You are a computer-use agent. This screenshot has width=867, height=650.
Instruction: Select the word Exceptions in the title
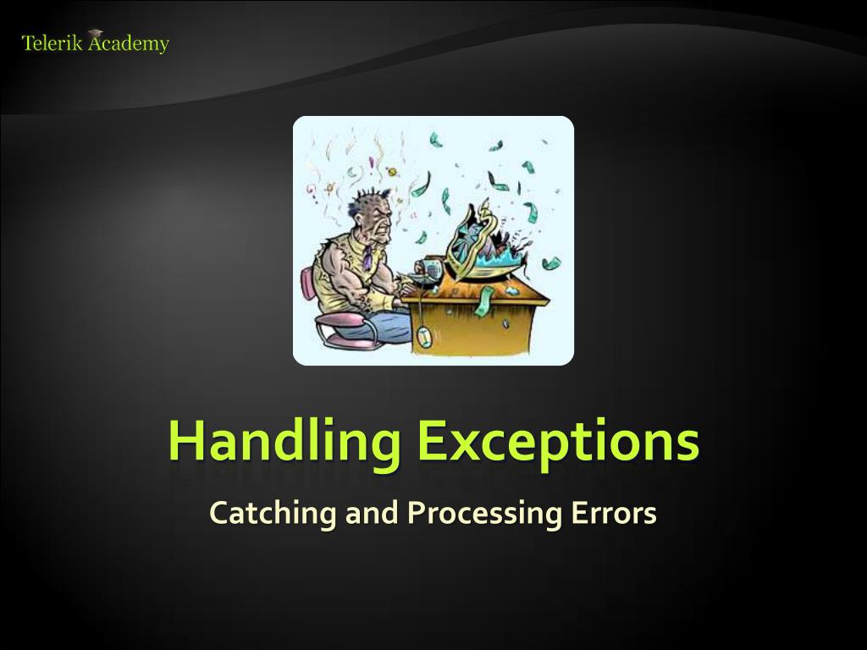[x=558, y=442]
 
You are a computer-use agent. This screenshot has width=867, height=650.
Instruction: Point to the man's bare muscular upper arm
[x=340, y=273]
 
